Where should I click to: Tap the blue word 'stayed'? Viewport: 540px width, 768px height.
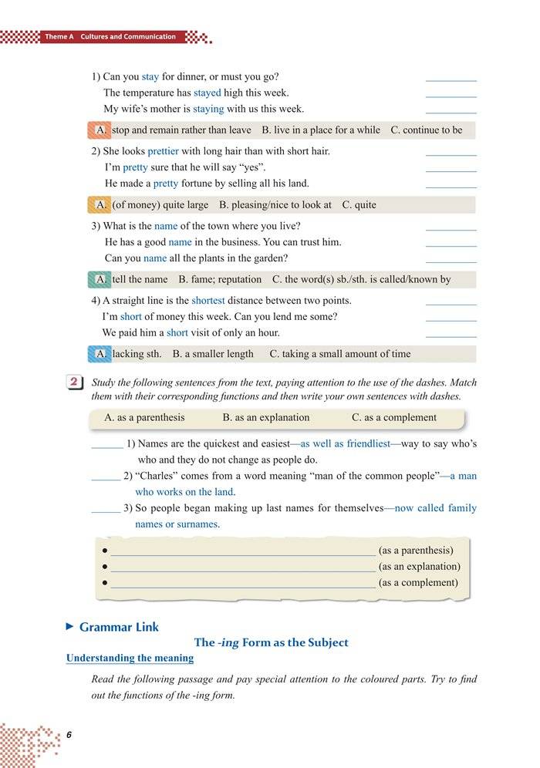pos(207,93)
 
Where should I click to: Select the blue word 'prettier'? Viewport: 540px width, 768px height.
pos(163,151)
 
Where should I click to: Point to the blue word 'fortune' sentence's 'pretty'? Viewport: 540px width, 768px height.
pos(166,184)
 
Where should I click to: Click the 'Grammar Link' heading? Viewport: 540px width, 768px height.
pos(119,627)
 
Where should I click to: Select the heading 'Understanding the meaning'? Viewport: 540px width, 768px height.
pos(130,659)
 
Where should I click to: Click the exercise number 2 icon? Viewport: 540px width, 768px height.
pos(76,383)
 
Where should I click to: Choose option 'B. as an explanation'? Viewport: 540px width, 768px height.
pos(266,417)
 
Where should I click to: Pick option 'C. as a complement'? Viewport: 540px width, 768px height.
pos(394,417)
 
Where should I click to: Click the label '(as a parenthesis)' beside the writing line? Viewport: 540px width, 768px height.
pos(416,551)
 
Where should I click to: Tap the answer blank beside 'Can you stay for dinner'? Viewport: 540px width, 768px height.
pos(451,79)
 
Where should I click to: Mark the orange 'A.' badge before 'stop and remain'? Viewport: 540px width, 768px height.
pos(100,130)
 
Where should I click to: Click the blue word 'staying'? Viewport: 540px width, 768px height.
pos(208,109)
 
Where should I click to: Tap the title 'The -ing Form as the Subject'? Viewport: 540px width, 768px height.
pos(271,642)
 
